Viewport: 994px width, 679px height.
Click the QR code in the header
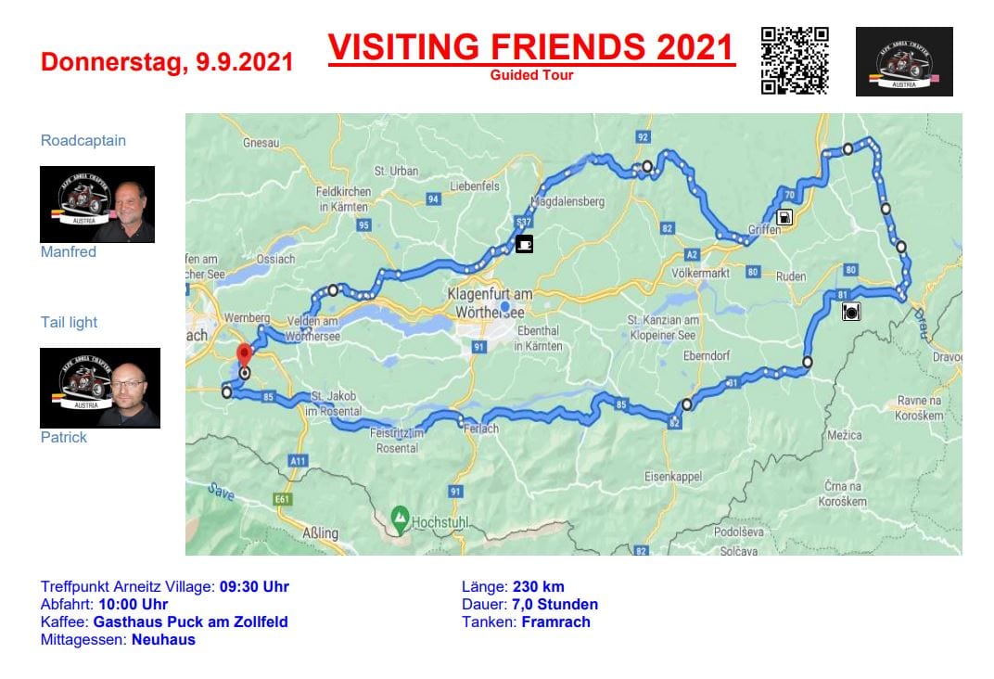tap(795, 60)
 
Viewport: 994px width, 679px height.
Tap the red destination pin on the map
tap(244, 354)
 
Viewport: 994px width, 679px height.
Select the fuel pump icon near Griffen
tap(785, 218)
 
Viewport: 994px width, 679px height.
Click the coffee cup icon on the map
tap(525, 244)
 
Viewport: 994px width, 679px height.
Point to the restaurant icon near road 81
tap(851, 313)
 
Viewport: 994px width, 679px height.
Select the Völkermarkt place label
tap(700, 274)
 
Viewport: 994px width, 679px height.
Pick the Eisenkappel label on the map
tap(673, 477)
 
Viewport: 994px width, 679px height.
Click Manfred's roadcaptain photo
tap(97, 204)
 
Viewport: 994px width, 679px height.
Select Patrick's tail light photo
tap(100, 388)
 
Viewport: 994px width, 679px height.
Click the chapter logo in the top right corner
tap(904, 61)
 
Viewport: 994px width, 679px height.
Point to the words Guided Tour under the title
tap(531, 75)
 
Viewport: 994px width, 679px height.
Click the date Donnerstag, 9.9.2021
tap(167, 62)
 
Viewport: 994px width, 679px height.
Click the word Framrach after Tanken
tap(555, 622)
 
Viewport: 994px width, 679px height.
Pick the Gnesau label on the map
tap(261, 144)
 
